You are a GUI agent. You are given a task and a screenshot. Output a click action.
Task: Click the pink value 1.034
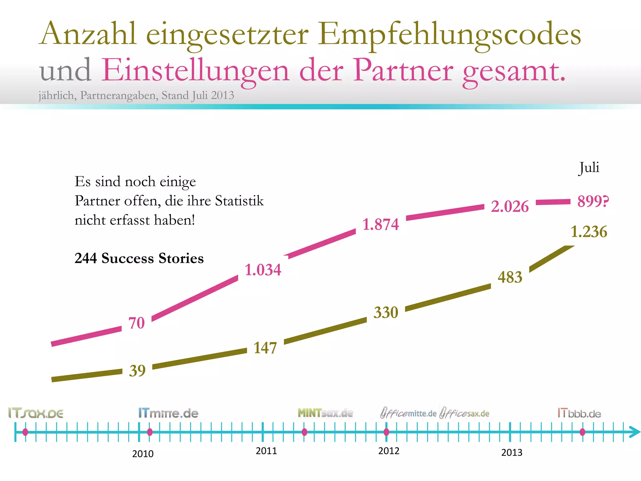[263, 270]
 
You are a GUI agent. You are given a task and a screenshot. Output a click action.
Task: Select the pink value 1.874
[381, 225]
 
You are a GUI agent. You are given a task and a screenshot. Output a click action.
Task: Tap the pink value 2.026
[510, 206]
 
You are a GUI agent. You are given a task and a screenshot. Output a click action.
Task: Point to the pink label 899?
[593, 201]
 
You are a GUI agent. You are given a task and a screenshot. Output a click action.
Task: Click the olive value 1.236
[589, 232]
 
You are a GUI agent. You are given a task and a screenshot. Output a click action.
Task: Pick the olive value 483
[510, 277]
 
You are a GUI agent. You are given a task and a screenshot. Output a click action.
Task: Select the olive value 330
[386, 313]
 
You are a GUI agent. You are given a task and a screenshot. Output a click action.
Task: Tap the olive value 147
[265, 348]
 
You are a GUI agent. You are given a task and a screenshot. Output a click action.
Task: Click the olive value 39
[137, 371]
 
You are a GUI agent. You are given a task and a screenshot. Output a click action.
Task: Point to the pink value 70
[136, 323]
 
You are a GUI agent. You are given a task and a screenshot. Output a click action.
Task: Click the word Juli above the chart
[589, 168]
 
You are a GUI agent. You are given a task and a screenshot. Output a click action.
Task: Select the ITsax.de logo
[36, 413]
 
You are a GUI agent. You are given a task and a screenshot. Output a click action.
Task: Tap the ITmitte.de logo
[168, 413]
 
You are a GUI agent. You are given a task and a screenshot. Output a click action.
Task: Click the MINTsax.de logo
[325, 413]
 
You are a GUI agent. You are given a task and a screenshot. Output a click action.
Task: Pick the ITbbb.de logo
[579, 413]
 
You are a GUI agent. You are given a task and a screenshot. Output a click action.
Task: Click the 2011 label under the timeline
[266, 451]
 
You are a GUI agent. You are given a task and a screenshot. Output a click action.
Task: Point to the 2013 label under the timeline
[512, 453]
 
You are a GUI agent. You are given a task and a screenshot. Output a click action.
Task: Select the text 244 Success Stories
[139, 258]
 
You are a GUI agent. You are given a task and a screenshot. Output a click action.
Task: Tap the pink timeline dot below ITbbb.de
[582, 432]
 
